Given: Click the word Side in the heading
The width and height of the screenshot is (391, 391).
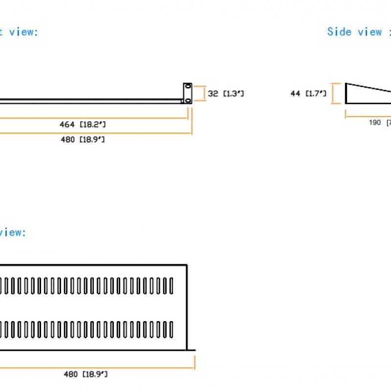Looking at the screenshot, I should (339, 32).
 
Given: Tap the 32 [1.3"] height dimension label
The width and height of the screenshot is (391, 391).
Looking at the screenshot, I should (225, 93).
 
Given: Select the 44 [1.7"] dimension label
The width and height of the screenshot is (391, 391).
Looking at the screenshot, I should (308, 93).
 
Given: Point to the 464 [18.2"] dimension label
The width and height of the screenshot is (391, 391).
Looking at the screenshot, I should (83, 125).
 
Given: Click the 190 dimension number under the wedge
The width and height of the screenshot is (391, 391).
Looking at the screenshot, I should (375, 122).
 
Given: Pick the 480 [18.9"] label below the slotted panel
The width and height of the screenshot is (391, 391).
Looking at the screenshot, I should (86, 374).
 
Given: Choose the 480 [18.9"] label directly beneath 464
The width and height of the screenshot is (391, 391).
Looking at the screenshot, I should (83, 140).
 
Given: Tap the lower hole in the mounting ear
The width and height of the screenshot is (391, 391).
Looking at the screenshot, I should (187, 100).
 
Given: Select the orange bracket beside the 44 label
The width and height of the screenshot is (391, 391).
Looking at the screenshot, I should (335, 93).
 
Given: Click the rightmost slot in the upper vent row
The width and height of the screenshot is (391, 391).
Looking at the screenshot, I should (171, 285).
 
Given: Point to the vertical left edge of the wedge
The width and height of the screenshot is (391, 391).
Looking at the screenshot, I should (346, 93).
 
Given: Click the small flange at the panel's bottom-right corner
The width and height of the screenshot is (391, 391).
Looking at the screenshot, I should (191, 350).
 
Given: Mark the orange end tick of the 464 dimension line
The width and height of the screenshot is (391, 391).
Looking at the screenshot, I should (188, 112).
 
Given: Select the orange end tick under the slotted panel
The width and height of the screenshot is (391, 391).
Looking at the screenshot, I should (195, 363).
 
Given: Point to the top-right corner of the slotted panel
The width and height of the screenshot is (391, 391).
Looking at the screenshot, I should (187, 265).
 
